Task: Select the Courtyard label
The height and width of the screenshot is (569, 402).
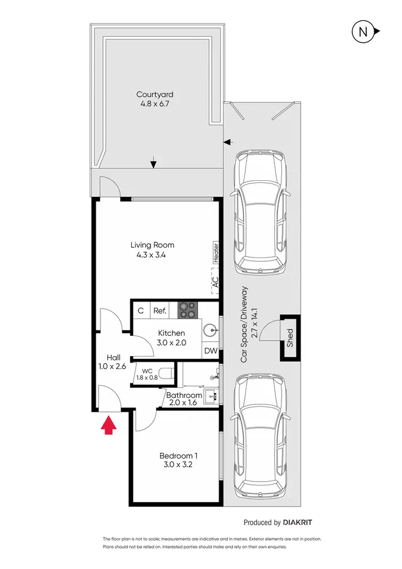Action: (x=154, y=94)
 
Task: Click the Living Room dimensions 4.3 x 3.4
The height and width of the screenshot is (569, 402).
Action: (x=152, y=255)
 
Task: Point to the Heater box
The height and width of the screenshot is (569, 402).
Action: (x=216, y=252)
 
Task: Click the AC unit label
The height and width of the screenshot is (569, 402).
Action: (x=215, y=283)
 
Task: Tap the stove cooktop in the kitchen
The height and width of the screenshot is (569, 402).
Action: (x=188, y=309)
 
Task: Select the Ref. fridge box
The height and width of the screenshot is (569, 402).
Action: (x=160, y=310)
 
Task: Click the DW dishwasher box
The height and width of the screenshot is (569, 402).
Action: (x=211, y=351)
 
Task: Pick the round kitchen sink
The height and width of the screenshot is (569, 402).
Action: (x=211, y=331)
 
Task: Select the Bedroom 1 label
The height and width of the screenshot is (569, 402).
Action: (x=176, y=456)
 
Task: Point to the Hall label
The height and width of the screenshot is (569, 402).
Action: (x=113, y=358)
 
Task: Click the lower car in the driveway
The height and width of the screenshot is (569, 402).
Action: (x=261, y=435)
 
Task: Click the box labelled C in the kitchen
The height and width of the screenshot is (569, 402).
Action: (x=140, y=310)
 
